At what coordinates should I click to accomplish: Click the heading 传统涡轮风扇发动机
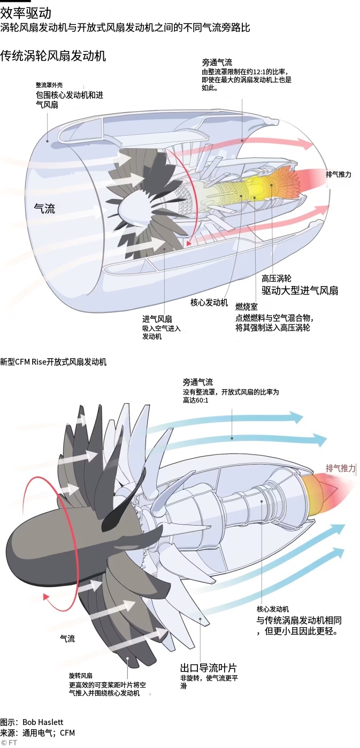coord(53,56)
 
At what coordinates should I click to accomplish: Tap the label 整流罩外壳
coord(49,85)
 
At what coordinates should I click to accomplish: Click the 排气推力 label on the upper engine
coord(338,174)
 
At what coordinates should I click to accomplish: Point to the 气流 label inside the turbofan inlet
coord(44,209)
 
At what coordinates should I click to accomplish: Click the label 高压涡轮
coord(276,279)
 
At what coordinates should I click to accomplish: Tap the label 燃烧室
coord(247,306)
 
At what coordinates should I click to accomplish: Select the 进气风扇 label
coord(157,319)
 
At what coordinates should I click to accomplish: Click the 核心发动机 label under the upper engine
coord(209,303)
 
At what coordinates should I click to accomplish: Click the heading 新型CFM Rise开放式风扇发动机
coord(53,362)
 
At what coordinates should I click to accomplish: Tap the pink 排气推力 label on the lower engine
coord(341,468)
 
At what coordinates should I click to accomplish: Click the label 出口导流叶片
coord(208,668)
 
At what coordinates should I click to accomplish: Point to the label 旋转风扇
coord(80,675)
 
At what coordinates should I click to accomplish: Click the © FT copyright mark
coord(9,742)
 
